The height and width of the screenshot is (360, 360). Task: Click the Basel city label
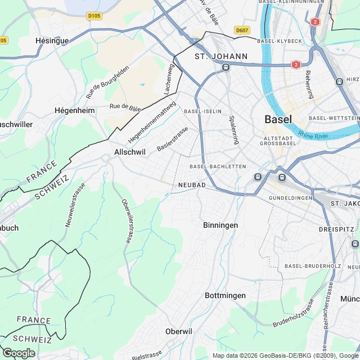pyautogui.click(x=278, y=119)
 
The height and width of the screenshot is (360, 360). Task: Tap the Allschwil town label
pyautogui.click(x=130, y=152)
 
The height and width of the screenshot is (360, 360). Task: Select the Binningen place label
pyautogui.click(x=220, y=225)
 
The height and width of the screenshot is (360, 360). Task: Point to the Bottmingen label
pyautogui.click(x=225, y=295)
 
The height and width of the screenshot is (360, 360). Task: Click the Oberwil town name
pyautogui.click(x=179, y=331)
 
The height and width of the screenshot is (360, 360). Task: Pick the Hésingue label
pyautogui.click(x=52, y=40)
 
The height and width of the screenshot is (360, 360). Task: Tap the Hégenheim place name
pyautogui.click(x=74, y=110)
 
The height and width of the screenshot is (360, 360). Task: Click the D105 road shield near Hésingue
pyautogui.click(x=94, y=16)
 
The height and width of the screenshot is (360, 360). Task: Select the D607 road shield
pyautogui.click(x=242, y=30)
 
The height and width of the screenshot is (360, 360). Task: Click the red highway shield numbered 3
pyautogui.click(x=296, y=65)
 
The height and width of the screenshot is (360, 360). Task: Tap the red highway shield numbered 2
pyautogui.click(x=314, y=22)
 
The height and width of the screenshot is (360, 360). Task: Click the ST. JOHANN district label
pyautogui.click(x=221, y=56)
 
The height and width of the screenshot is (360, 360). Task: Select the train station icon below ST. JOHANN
pyautogui.click(x=226, y=67)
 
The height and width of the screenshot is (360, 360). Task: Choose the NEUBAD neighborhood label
pyautogui.click(x=191, y=185)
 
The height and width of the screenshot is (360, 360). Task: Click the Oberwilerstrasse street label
pyautogui.click(x=127, y=221)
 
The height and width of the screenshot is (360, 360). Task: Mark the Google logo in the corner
pyautogui.click(x=19, y=353)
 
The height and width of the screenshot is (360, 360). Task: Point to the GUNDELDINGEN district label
pyautogui.click(x=290, y=199)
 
